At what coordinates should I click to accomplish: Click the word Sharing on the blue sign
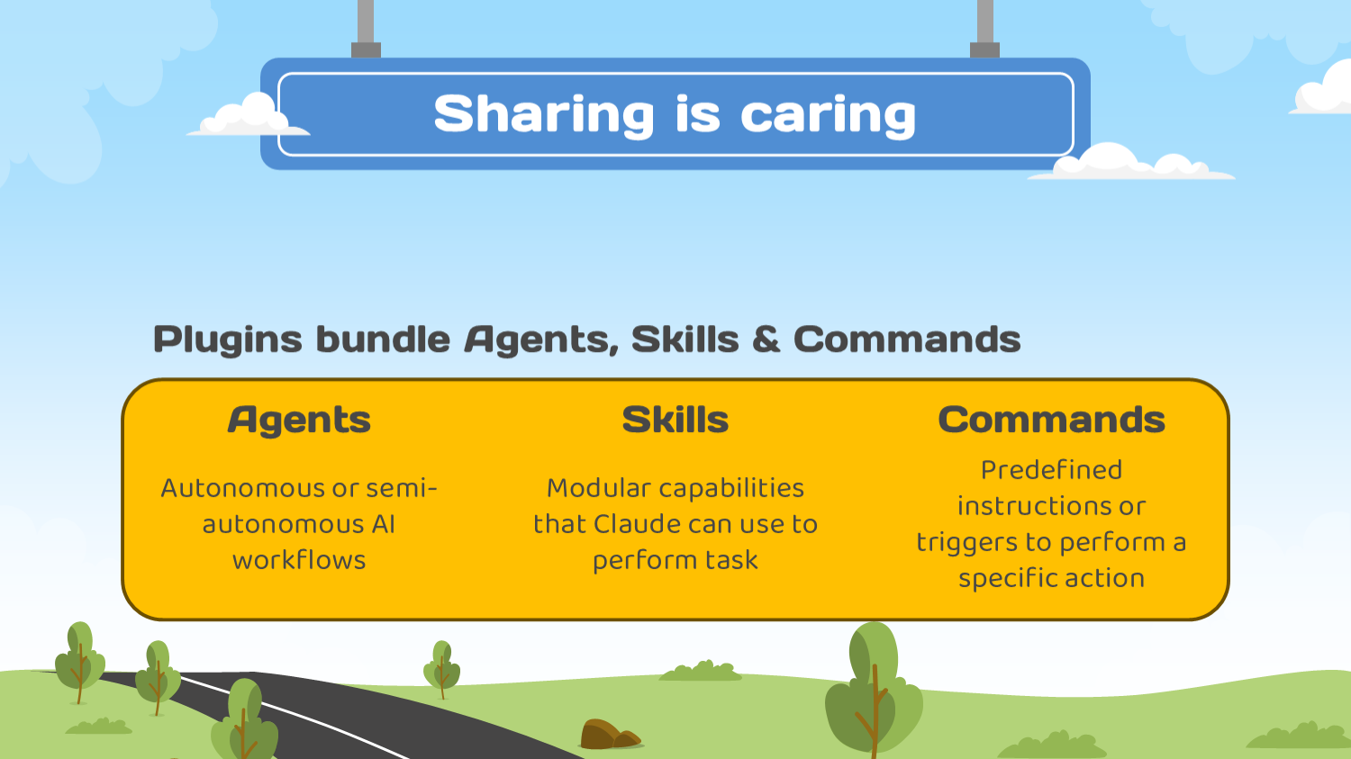click(x=544, y=114)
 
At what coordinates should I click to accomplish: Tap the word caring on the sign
click(x=828, y=114)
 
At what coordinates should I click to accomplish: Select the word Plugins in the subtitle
click(x=228, y=340)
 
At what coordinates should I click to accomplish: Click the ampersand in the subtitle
click(x=766, y=339)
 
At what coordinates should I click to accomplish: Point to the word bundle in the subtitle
click(x=383, y=339)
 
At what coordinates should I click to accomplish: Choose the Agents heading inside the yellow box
click(x=299, y=420)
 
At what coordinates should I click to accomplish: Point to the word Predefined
click(x=1051, y=470)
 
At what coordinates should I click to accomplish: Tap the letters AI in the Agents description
click(x=383, y=524)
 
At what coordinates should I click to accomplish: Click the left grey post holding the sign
click(x=366, y=29)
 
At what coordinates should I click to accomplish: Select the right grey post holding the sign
click(x=984, y=29)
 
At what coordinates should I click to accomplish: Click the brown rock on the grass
click(x=609, y=734)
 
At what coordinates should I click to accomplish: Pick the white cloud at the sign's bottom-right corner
click(x=1131, y=161)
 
